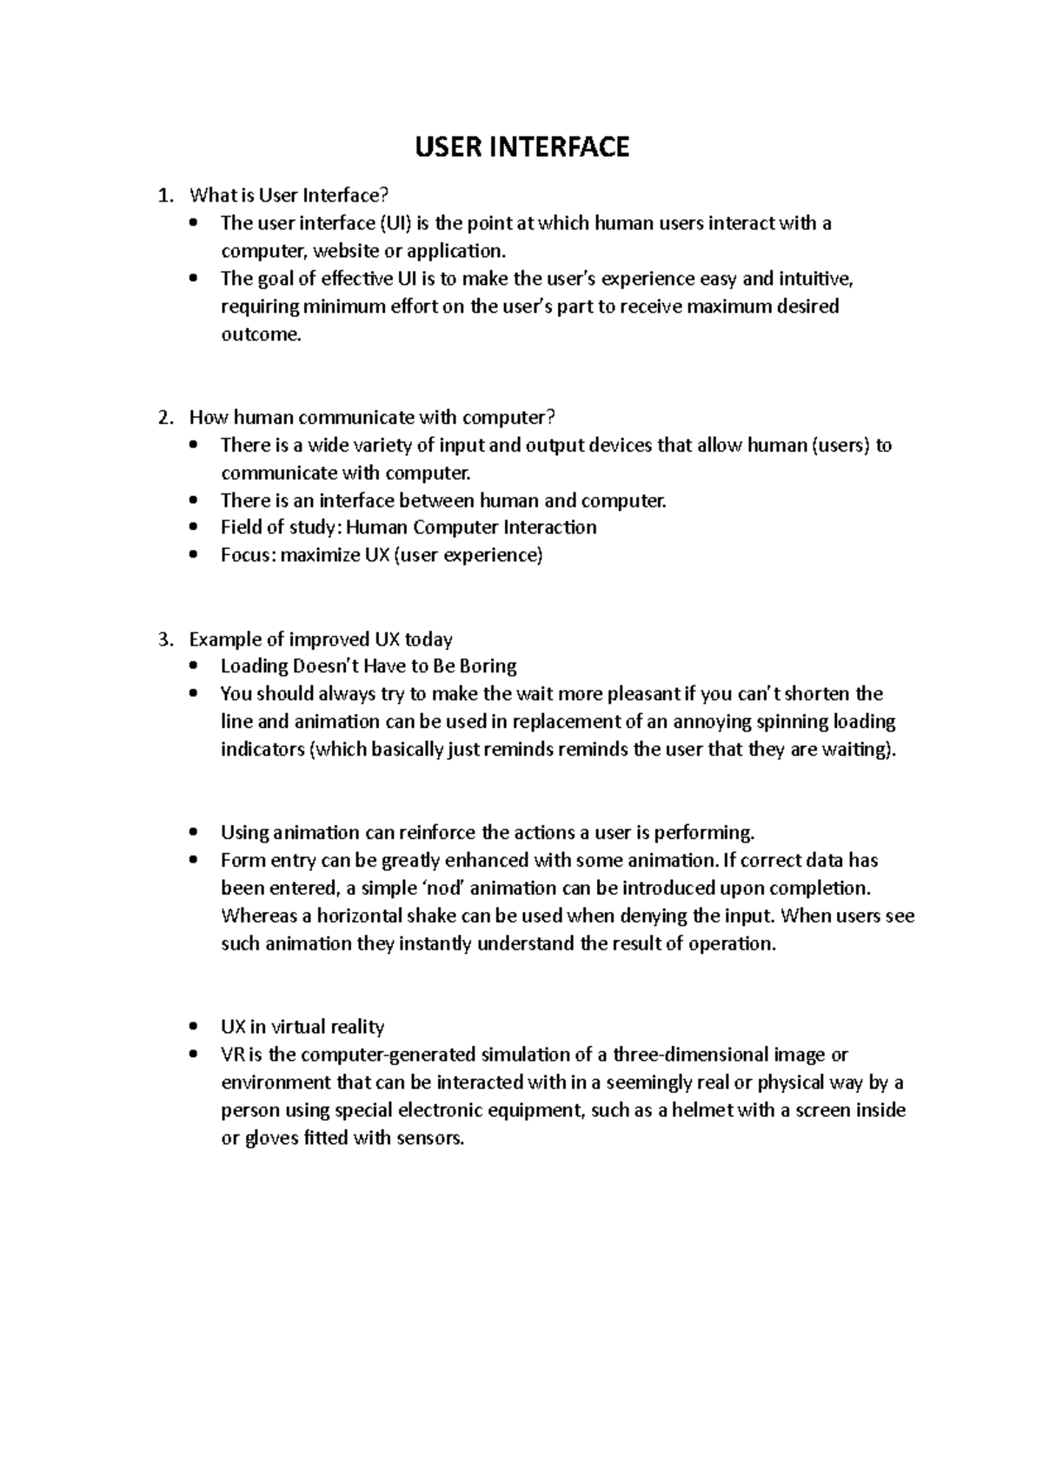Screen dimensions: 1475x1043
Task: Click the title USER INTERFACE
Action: pyautogui.click(x=521, y=147)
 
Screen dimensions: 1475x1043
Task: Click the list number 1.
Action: pyautogui.click(x=164, y=195)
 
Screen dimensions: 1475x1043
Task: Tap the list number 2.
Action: pyautogui.click(x=164, y=418)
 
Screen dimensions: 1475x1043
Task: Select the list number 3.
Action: pyautogui.click(x=164, y=640)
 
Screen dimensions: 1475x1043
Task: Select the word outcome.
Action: pyautogui.click(x=260, y=335)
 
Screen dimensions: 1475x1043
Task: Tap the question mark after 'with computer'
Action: pyautogui.click(x=550, y=418)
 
